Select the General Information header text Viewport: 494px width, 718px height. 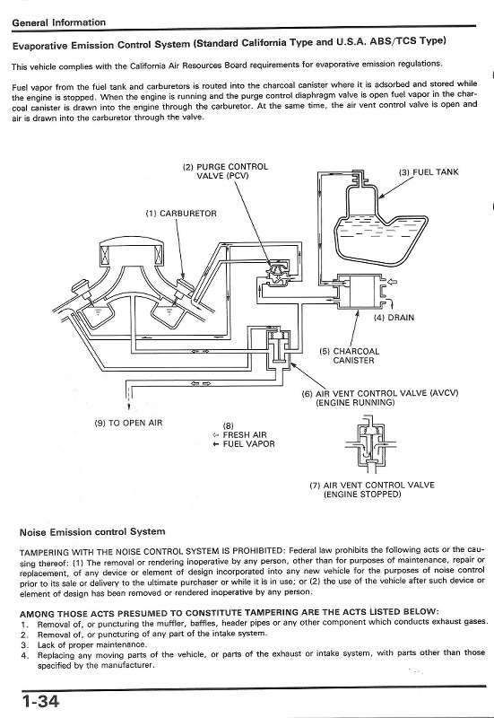click(59, 22)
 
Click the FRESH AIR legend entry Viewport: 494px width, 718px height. click(245, 435)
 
